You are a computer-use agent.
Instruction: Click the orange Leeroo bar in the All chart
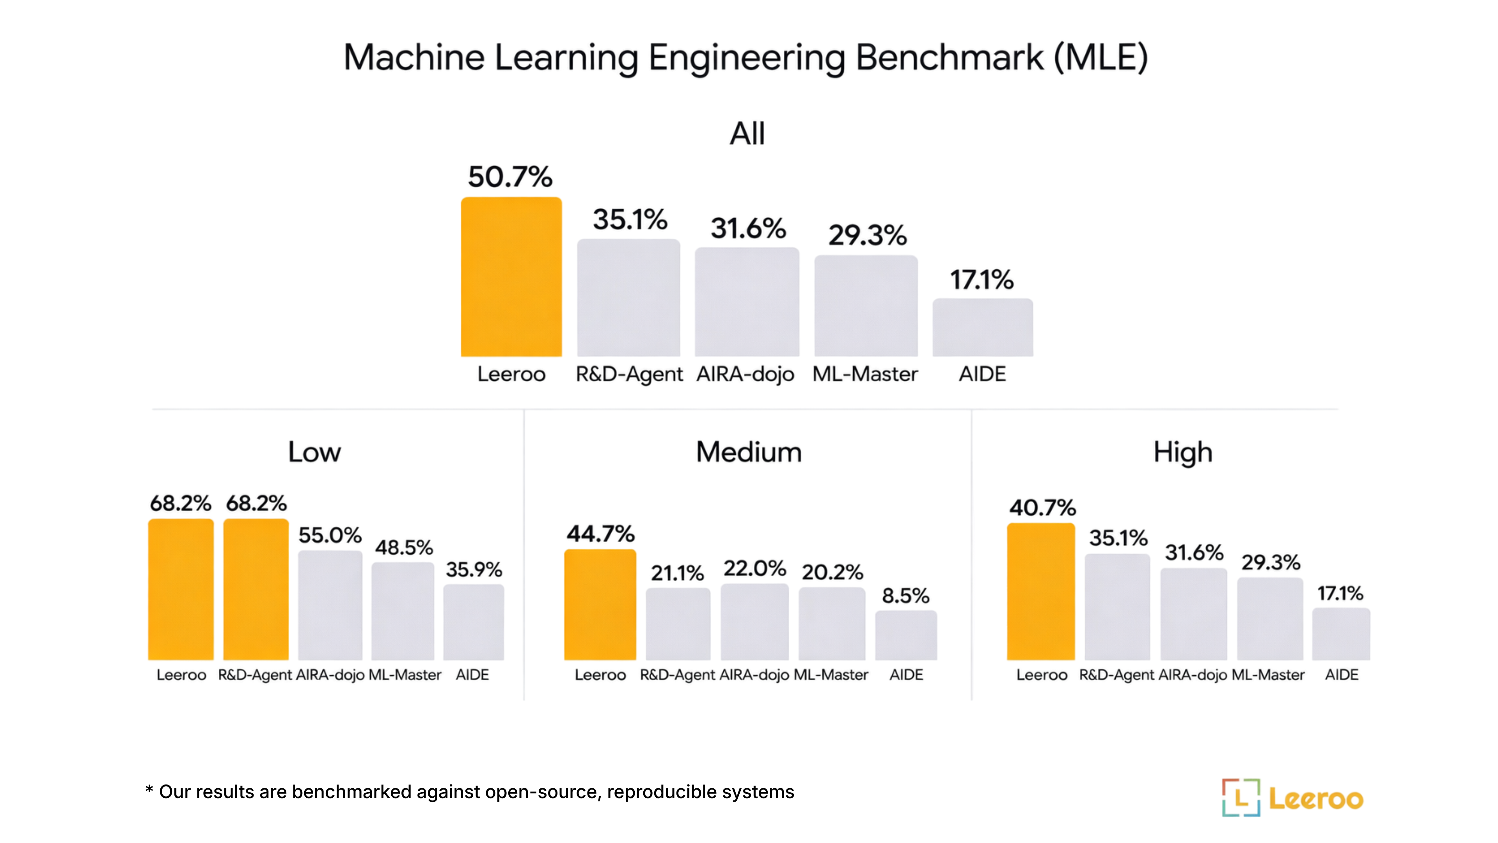pos(511,277)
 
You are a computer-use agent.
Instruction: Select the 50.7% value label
pos(510,177)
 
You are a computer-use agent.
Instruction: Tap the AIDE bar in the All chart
pos(983,327)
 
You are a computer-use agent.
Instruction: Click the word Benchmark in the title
pos(949,58)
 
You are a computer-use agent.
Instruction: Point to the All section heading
pos(747,134)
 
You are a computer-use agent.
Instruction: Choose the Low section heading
pos(314,452)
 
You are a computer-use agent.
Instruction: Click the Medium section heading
pos(749,452)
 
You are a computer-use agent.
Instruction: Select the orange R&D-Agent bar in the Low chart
pos(256,589)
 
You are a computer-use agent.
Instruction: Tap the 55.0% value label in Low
pos(330,535)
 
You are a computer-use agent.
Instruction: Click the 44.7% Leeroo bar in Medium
pos(600,605)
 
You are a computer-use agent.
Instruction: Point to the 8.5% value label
pos(905,596)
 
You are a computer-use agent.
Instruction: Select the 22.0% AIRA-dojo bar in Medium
pos(754,622)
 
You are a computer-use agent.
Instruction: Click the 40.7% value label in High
pos(1042,508)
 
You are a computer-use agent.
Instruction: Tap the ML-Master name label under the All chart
pos(865,374)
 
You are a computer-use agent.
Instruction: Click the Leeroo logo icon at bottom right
pos(1241,798)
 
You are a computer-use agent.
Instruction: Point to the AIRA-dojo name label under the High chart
pos(1193,675)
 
